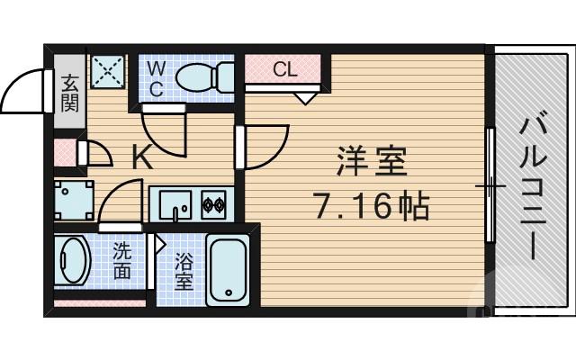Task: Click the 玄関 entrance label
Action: pos(70,93)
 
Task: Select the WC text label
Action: pos(155,77)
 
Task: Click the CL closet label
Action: pos(284,70)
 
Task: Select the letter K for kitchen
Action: pos(141,159)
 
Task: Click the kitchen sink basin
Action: pos(175,203)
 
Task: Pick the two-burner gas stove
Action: pos(214,204)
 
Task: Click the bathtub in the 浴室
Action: pos(228,270)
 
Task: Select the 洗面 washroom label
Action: pos(122,262)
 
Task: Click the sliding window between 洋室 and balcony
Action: pos(490,186)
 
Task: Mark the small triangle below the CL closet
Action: pos(305,95)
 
